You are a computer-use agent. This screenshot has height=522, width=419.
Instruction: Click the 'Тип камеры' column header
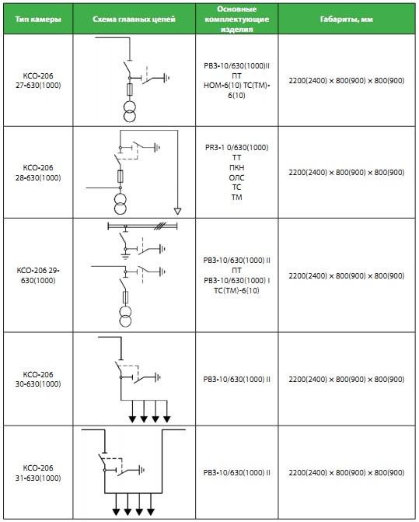coord(38,19)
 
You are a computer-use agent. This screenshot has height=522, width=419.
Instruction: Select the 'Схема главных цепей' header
coord(134,19)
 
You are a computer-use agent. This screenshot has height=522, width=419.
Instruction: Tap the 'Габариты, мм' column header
coord(347,19)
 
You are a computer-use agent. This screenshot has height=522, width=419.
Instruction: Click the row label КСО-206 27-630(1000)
coord(38,81)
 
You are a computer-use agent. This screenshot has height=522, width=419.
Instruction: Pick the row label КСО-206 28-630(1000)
coord(38,173)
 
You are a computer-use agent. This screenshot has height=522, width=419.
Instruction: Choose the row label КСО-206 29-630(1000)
coord(38,275)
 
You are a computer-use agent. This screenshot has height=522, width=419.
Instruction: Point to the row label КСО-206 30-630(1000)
coord(38,379)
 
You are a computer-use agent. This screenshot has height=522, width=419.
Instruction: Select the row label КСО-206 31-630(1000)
coord(38,473)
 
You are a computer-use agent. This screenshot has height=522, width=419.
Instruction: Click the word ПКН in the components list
coord(237,167)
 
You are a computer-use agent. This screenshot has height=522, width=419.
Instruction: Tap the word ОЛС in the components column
coord(237,177)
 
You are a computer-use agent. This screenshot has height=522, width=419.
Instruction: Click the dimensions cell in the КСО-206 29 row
coord(347,275)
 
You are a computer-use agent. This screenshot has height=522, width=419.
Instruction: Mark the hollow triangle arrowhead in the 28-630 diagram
coord(177,211)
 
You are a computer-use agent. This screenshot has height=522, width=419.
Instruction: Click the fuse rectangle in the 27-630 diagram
coord(130,89)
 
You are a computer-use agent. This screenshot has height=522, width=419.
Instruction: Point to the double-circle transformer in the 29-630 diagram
coord(125,317)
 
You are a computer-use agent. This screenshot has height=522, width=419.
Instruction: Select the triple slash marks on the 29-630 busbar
coord(159,226)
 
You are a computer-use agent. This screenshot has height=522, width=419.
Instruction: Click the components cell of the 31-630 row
coord(237,473)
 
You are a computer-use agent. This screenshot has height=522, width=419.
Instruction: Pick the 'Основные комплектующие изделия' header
coord(237,19)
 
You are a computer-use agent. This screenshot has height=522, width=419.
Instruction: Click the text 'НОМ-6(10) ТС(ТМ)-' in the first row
coord(237,86)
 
